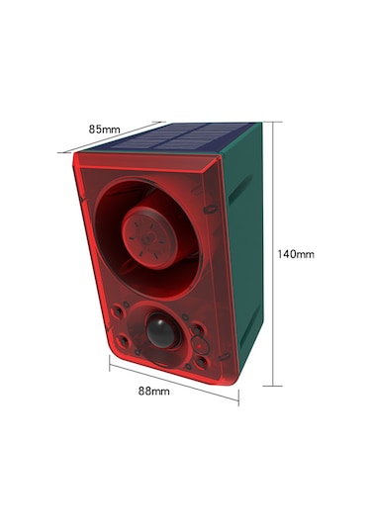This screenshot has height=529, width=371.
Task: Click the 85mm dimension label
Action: tap(104, 130)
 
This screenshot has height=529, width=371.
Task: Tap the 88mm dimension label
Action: tap(154, 392)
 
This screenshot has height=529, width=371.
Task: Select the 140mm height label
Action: tap(296, 254)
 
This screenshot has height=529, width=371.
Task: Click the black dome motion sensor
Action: tap(161, 330)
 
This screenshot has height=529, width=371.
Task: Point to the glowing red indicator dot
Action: tap(200, 345)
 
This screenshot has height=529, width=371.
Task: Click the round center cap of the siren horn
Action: tap(149, 237)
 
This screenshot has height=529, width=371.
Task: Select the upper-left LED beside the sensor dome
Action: tap(118, 311)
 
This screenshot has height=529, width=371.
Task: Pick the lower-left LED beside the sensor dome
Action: tap(123, 339)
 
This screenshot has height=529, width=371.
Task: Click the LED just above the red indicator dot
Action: tap(198, 329)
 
